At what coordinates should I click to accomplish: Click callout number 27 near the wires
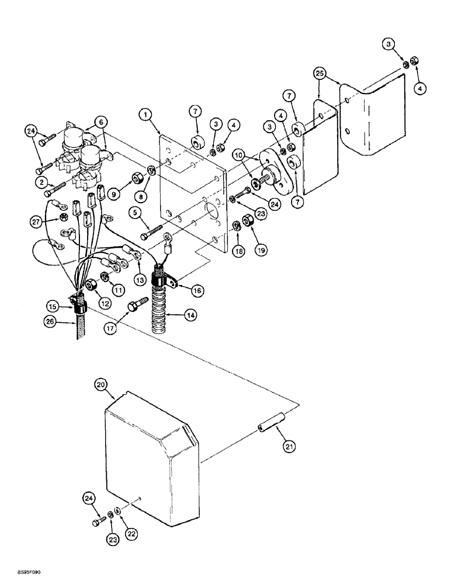(37, 221)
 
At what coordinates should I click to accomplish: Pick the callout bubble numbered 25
(320, 75)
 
